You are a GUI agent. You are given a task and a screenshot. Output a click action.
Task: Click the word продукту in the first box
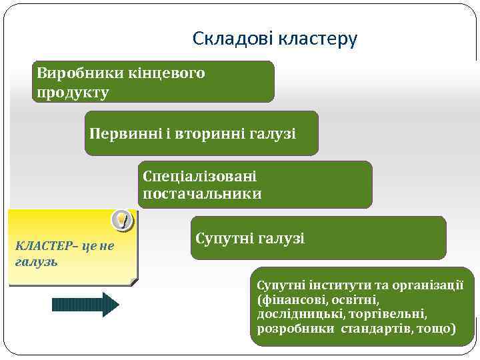(73, 92)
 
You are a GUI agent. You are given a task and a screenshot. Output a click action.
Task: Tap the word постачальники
(202, 194)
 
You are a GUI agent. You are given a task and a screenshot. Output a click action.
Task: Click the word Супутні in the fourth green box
(224, 238)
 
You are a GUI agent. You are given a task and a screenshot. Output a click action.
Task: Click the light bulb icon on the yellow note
(121, 218)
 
